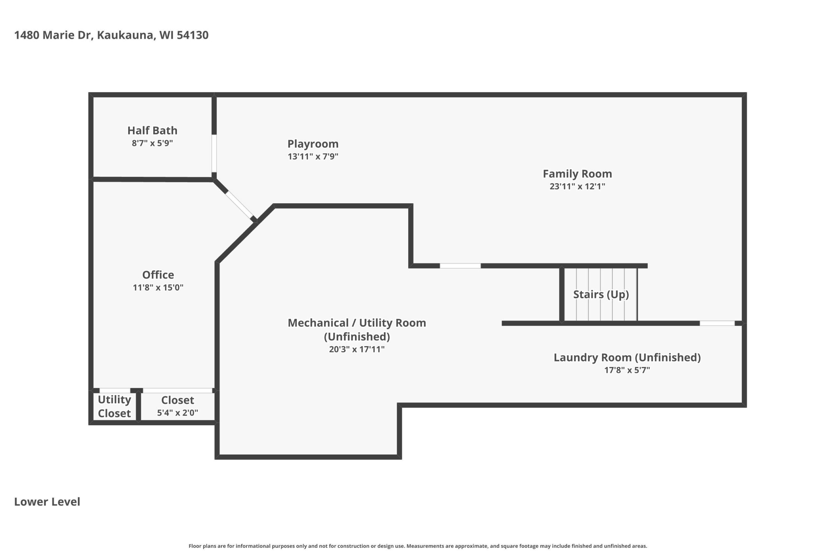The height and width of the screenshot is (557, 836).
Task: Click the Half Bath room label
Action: pos(152,131)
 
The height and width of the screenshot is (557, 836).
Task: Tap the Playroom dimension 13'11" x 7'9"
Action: pos(313,156)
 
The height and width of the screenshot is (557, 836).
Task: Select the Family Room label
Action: pos(577,174)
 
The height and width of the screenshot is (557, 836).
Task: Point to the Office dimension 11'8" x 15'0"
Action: pos(158,287)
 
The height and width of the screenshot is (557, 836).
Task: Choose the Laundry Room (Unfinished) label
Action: pos(627,357)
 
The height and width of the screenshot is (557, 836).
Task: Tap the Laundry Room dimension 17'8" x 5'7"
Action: pos(627,370)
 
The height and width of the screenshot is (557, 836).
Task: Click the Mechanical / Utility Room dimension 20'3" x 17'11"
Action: pos(357,349)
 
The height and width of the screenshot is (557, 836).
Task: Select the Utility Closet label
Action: pos(114,406)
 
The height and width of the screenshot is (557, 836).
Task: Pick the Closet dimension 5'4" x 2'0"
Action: pos(177,412)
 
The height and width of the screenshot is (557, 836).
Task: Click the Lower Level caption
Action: pos(47,502)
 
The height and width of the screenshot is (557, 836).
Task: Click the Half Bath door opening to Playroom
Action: pos(214,153)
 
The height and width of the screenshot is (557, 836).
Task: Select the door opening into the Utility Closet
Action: pos(115,391)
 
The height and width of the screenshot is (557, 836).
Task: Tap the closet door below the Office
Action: pos(178,391)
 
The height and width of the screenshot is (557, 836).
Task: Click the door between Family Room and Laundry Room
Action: pos(717,323)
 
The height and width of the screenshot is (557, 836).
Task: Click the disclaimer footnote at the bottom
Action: pos(418,546)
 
